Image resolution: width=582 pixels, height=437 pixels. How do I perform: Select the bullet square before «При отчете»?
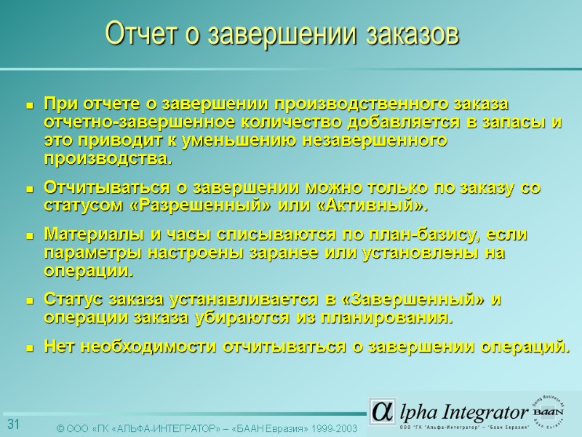[x=31, y=106]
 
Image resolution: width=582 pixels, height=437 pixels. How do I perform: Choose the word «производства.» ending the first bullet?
[x=110, y=158]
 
